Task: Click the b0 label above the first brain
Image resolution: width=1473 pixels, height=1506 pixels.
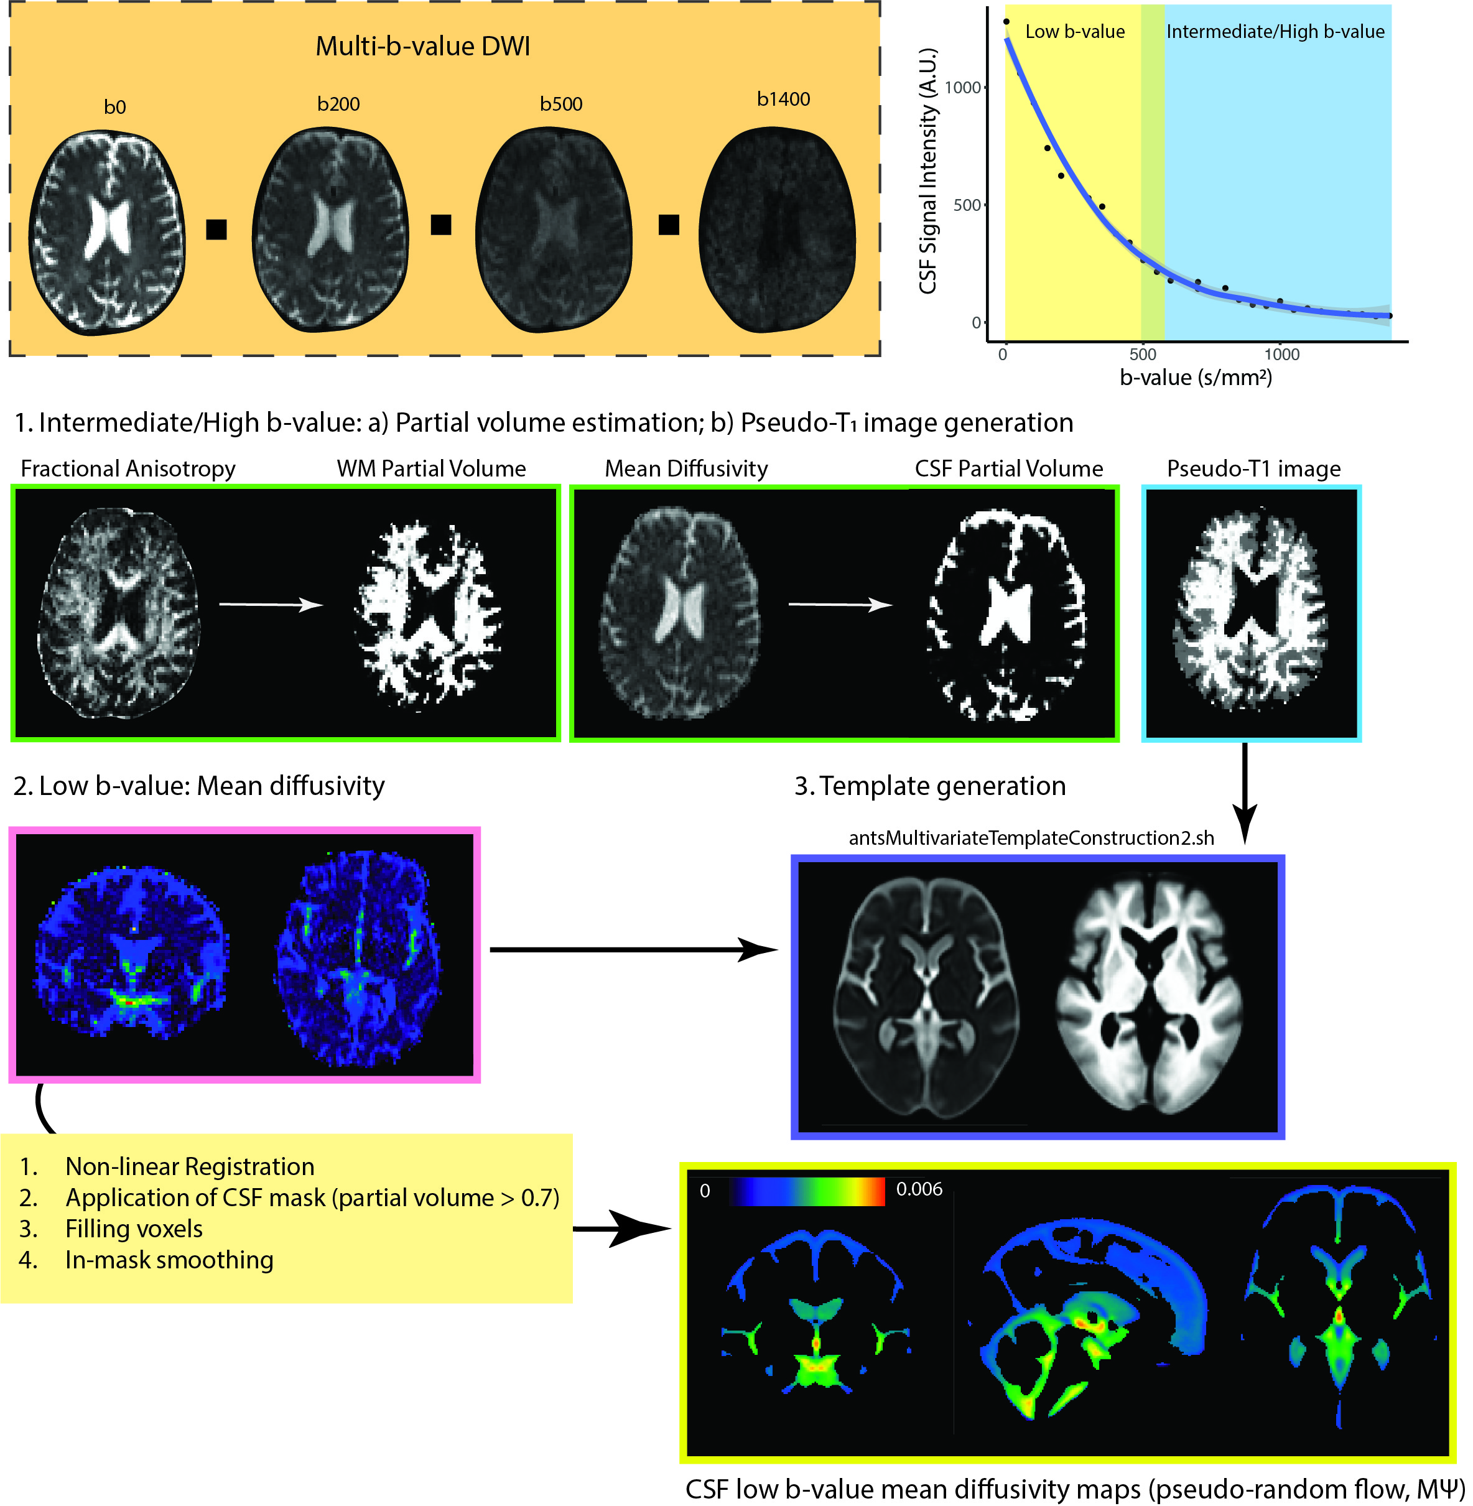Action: click(114, 107)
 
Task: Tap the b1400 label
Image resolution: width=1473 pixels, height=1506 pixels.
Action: click(783, 99)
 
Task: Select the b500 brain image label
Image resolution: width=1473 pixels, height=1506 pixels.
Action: click(561, 104)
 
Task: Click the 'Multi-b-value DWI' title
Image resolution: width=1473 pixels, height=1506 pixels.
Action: click(422, 47)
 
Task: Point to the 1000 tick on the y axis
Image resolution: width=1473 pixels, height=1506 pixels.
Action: click(962, 88)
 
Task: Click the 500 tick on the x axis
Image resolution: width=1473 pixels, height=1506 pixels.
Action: click(1143, 355)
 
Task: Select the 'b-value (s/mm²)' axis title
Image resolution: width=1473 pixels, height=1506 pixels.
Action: click(1196, 378)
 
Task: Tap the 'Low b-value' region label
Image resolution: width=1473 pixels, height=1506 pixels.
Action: click(1074, 32)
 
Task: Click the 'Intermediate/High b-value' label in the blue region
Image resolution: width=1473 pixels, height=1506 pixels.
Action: click(1275, 32)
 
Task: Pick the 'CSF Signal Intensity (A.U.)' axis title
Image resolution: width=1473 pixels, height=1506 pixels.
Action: click(927, 172)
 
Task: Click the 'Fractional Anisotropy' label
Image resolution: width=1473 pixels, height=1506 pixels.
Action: click(128, 469)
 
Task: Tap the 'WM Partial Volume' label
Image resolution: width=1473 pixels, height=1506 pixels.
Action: click(431, 469)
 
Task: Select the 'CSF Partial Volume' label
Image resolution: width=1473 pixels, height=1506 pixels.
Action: click(1009, 469)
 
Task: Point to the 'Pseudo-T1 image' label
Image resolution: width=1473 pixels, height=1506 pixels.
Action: click(1253, 469)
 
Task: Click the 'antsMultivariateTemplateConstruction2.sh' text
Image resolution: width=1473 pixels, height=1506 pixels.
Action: click(1031, 838)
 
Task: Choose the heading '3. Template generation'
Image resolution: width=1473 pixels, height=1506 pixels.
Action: click(930, 786)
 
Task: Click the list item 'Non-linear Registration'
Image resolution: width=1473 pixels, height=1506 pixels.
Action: click(190, 1166)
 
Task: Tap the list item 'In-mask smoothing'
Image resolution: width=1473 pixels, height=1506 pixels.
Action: click(169, 1260)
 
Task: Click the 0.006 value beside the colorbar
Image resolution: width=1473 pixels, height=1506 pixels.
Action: click(919, 1189)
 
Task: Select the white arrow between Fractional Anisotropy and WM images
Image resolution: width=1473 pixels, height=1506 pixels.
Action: click(271, 604)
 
